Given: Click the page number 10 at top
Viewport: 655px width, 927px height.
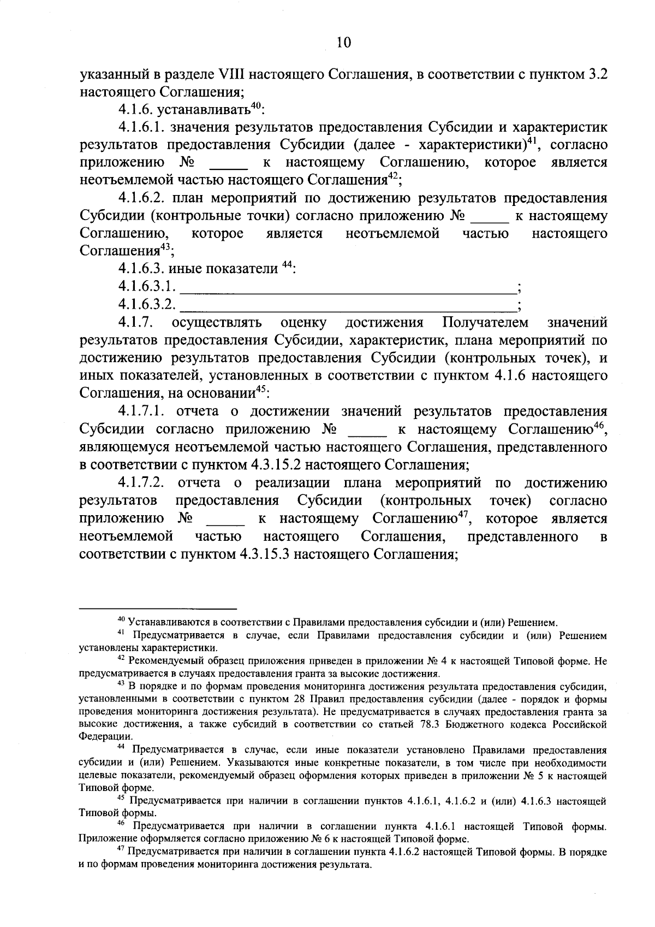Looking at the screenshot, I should pyautogui.click(x=343, y=43).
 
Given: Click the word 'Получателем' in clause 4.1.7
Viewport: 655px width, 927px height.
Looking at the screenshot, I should pyautogui.click(x=485, y=323).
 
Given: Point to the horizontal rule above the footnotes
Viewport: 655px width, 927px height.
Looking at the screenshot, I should pyautogui.click(x=158, y=609).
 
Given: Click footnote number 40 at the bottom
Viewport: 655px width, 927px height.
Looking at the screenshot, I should pyautogui.click(x=122, y=620).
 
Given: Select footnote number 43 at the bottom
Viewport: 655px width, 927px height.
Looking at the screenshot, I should pyautogui.click(x=122, y=683).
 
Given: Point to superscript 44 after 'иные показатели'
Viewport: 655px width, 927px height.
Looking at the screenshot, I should pyautogui.click(x=287, y=266).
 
